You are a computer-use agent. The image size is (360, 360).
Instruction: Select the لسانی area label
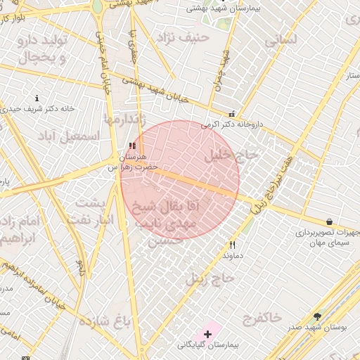coord(283,41)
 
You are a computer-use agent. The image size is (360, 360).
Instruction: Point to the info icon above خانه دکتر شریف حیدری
coord(37,98)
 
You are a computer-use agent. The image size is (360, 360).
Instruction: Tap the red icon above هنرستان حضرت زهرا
coord(132,146)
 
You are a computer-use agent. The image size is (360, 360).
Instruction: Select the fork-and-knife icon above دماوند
coord(232,245)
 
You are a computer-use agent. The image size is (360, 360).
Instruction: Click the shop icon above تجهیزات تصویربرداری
coord(329,222)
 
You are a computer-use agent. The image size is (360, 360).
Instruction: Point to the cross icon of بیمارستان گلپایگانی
coord(207,333)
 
